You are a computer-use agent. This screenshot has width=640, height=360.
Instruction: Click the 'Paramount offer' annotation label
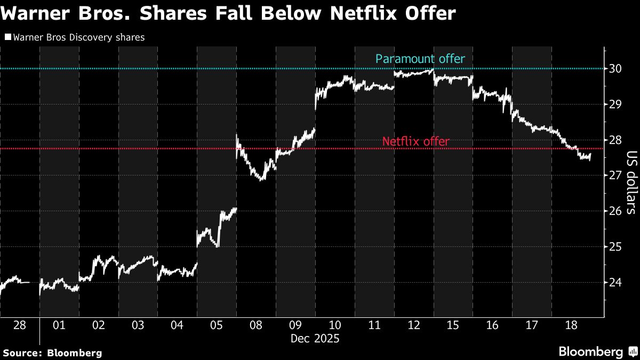pyautogui.click(x=420, y=59)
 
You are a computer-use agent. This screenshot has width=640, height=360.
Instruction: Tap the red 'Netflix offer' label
pyautogui.click(x=415, y=142)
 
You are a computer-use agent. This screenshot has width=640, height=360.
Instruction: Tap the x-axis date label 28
pyautogui.click(x=20, y=325)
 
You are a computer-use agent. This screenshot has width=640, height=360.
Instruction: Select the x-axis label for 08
pyautogui.click(x=256, y=325)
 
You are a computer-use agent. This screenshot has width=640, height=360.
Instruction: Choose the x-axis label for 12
pyautogui.click(x=413, y=325)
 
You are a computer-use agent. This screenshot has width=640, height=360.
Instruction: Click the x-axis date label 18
pyautogui.click(x=571, y=325)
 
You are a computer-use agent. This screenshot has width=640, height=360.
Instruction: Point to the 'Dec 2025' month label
pyautogui.click(x=314, y=339)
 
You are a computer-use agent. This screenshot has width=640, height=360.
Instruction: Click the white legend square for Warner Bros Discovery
pyautogui.click(x=7, y=37)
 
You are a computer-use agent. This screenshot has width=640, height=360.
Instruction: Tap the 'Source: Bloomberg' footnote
pyautogui.click(x=52, y=353)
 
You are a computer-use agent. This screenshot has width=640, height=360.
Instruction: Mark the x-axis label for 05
pyautogui.click(x=217, y=325)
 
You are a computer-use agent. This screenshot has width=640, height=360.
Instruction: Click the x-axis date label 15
pyautogui.click(x=453, y=325)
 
